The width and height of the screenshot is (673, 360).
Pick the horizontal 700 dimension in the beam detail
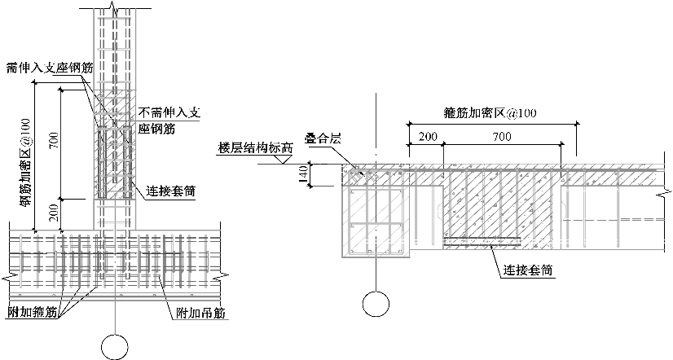coord(502,136)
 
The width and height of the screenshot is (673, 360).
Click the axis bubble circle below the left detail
coord(115,345)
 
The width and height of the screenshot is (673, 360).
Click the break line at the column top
coord(115,11)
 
